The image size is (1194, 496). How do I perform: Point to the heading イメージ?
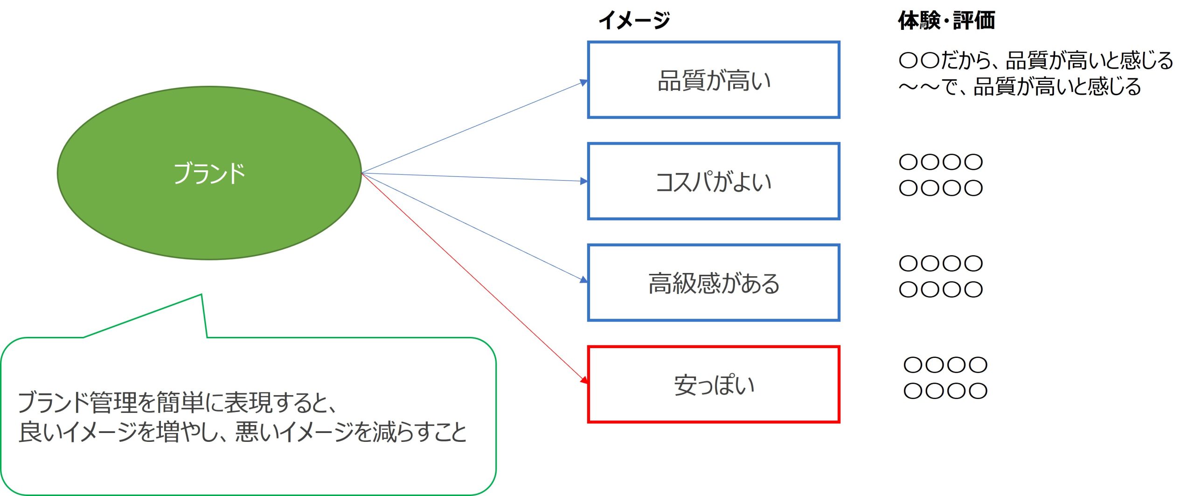click(634, 21)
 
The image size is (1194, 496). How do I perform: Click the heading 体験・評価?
click(946, 21)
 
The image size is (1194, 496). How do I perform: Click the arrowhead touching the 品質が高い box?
click(583, 83)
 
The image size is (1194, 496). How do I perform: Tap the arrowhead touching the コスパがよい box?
click(583, 181)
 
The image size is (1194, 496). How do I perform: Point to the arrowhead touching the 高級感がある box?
click(583, 280)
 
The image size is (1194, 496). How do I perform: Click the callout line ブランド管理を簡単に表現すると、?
click(177, 402)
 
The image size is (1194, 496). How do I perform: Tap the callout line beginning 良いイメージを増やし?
click(243, 432)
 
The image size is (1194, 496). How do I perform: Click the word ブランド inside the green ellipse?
click(209, 174)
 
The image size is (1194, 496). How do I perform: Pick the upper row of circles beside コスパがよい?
click(941, 162)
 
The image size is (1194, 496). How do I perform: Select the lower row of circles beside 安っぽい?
click(945, 391)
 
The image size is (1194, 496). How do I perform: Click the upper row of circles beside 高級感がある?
click(941, 263)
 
